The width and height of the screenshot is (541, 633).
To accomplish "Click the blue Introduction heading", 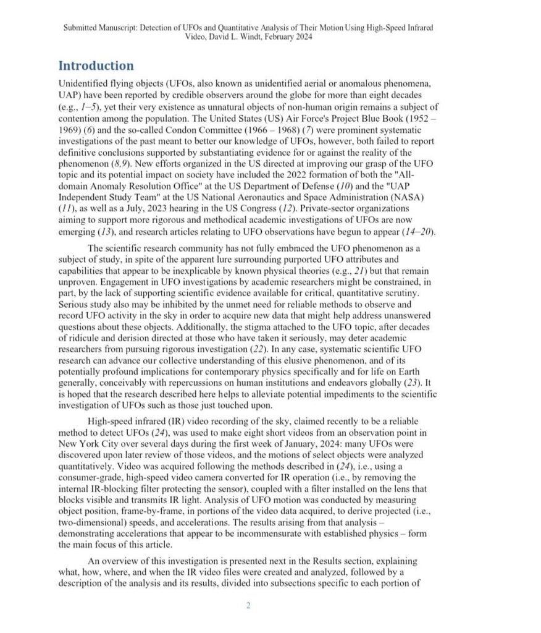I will [96, 66].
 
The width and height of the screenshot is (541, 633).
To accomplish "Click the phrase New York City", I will [88, 443].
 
